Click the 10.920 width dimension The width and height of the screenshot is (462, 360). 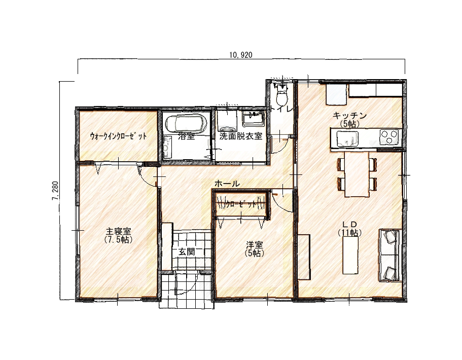[x=241, y=55]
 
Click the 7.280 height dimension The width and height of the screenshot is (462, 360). [x=55, y=190]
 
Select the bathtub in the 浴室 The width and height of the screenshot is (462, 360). [x=186, y=124]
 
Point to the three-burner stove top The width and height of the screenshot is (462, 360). [x=388, y=137]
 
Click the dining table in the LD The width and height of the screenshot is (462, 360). [x=357, y=174]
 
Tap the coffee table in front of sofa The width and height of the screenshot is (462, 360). [x=350, y=255]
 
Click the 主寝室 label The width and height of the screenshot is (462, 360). [x=119, y=231]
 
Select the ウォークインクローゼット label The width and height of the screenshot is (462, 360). [x=118, y=136]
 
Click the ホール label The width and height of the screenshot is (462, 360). [x=227, y=184]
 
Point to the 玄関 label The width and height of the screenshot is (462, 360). [x=187, y=252]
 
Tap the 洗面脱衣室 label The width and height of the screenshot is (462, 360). [x=241, y=136]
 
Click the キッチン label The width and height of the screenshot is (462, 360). [x=349, y=116]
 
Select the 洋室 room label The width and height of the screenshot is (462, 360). [x=255, y=245]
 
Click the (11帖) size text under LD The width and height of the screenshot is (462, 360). [x=350, y=233]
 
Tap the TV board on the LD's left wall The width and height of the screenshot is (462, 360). [x=304, y=257]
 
